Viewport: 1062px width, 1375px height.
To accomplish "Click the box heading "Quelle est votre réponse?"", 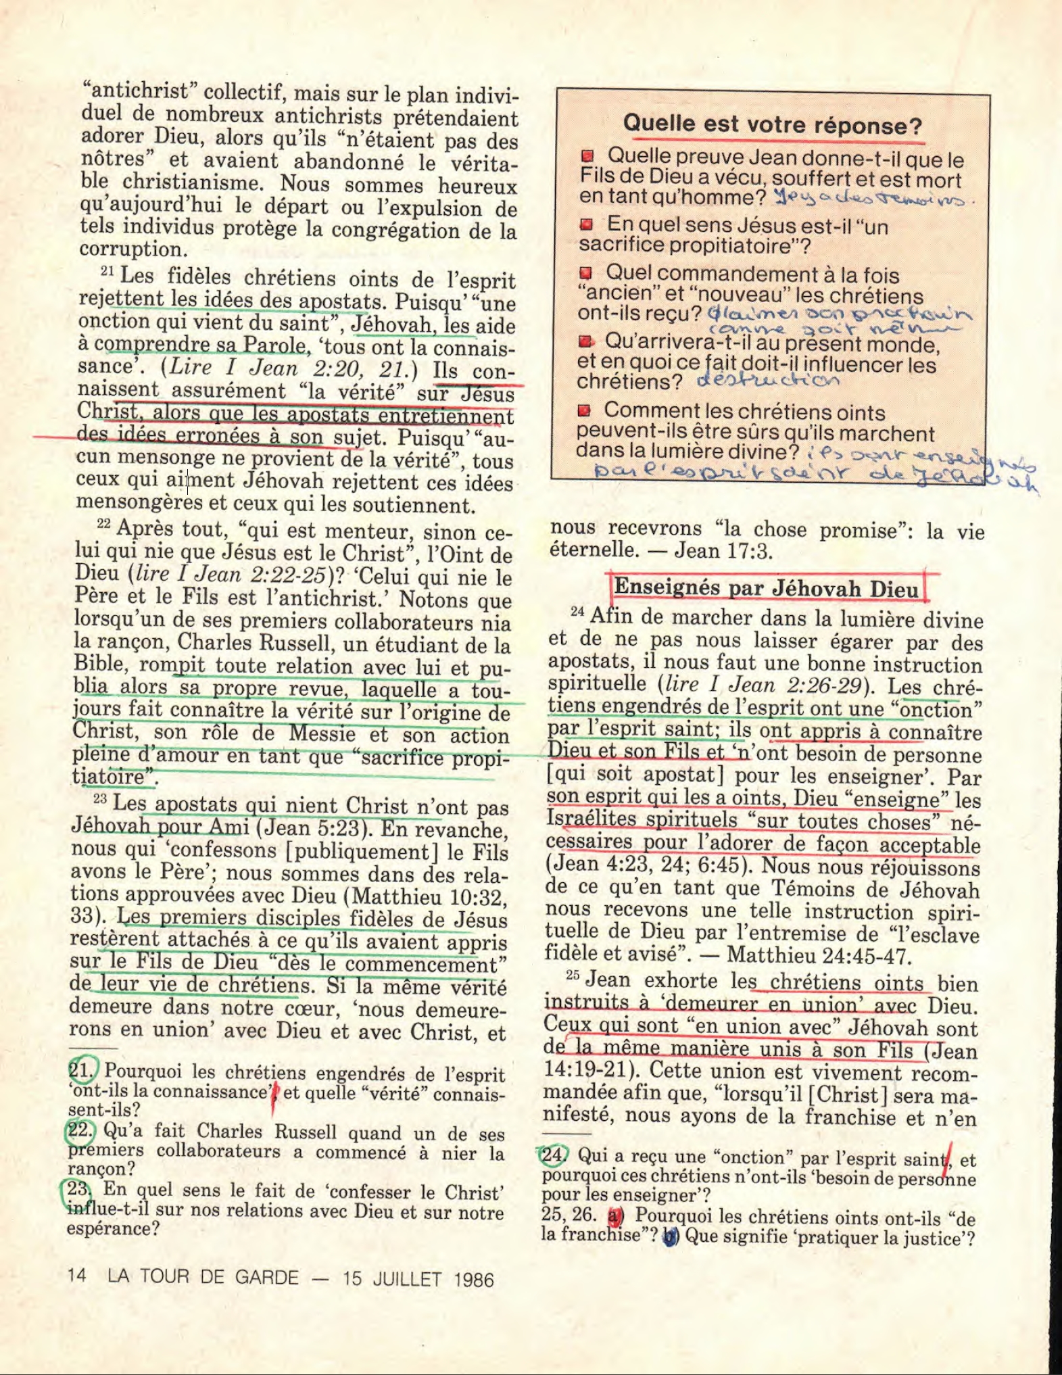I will coord(772,125).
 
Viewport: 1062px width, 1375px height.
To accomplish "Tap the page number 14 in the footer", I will coord(76,1275).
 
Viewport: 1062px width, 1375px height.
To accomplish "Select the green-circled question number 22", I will coord(80,1130).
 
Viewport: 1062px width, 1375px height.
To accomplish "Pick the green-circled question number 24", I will coord(554,1155).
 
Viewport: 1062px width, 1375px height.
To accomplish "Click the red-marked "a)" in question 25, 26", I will coord(615,1216).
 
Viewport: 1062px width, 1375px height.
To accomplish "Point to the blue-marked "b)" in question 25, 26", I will coord(670,1237).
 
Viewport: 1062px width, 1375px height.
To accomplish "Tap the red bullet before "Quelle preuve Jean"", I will coord(588,157).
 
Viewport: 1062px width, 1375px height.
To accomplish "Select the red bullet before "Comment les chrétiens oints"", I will coord(585,411).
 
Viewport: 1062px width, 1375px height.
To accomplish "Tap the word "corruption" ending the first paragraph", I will coord(132,249).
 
